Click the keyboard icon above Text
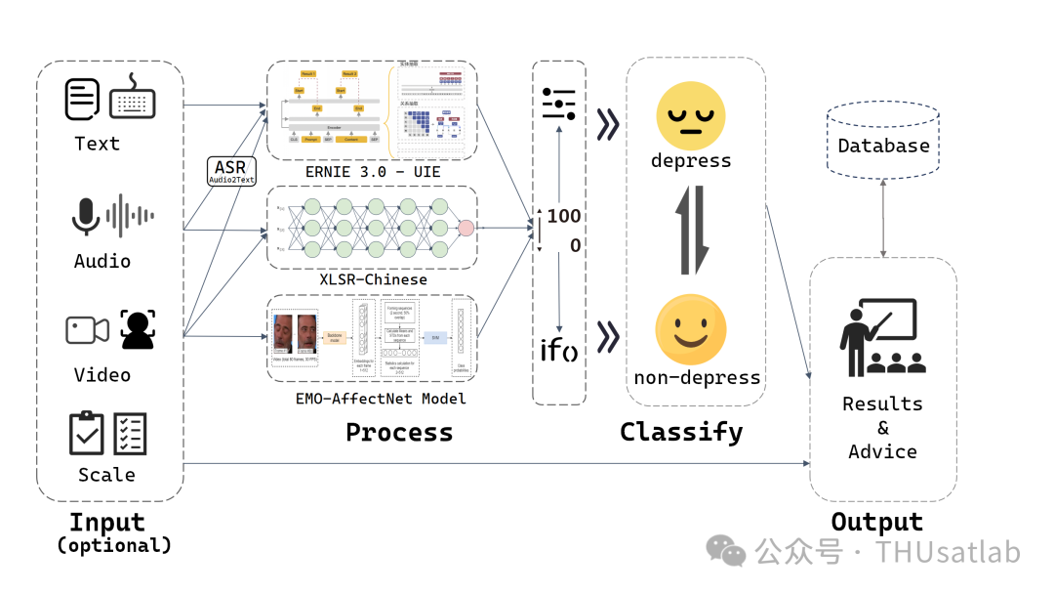tap(133, 101)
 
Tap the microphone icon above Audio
tap(86, 216)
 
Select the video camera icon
tap(87, 330)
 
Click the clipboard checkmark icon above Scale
tap(87, 433)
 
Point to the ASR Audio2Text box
tap(230, 172)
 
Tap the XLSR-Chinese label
tap(374, 279)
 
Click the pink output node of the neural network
tap(466, 229)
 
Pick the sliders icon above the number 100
tap(559, 103)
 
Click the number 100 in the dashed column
tap(564, 216)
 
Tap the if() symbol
tap(558, 349)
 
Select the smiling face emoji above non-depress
tap(691, 327)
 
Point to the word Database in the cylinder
tap(884, 146)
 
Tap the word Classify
tap(681, 432)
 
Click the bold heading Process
tap(399, 432)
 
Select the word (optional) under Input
tap(114, 545)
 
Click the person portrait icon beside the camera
tap(138, 330)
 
